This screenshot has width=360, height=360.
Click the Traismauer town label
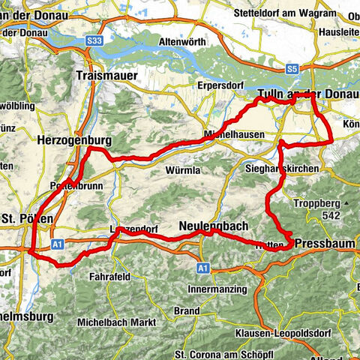(x=105, y=75)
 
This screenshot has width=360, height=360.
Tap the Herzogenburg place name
(x=73, y=139)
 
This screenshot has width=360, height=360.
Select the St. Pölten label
(x=26, y=218)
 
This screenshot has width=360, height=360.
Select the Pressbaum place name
(x=325, y=244)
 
